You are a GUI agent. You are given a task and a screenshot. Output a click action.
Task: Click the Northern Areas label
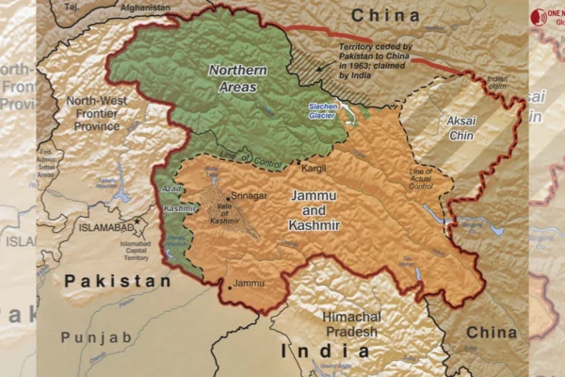(238, 78)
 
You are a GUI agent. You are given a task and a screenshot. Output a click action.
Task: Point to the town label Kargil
(313, 167)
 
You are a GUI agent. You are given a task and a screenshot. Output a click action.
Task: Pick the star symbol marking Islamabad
(139, 222)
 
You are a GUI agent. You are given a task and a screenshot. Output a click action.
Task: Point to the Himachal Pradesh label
(351, 323)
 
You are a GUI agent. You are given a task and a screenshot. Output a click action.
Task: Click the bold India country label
(326, 352)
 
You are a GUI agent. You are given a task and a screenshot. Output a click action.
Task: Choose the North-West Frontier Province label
(98, 112)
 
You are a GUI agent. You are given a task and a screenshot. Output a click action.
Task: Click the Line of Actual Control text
(421, 178)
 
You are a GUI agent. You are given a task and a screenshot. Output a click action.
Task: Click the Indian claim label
(496, 82)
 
